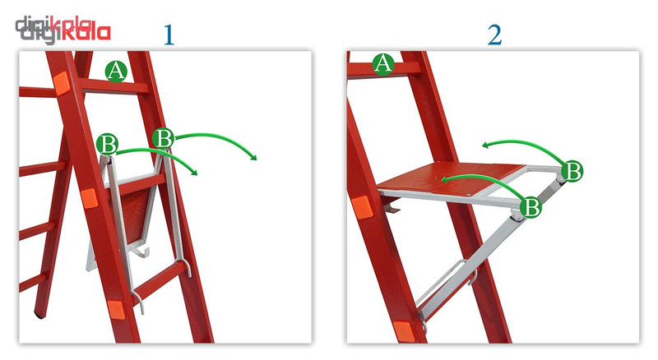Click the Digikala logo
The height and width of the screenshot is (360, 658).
[x=63, y=30]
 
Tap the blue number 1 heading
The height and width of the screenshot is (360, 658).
[x=169, y=35]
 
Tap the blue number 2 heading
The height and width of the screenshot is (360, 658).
[x=495, y=35]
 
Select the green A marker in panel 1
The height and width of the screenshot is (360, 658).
[x=116, y=71]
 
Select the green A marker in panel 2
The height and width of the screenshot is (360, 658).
[x=383, y=64]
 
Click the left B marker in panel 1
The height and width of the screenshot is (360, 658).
[x=107, y=145]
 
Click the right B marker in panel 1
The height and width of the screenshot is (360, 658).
[x=163, y=137]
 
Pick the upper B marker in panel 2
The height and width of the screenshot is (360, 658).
[x=572, y=171]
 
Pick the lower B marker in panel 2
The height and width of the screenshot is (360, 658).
[x=531, y=207]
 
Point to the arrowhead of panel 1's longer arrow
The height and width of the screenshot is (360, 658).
[x=253, y=157]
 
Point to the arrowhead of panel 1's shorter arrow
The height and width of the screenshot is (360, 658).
[x=193, y=172]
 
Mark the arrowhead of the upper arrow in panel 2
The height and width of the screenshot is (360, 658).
[x=485, y=145]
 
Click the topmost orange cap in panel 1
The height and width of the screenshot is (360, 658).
[x=61, y=82]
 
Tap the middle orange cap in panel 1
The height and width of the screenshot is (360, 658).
[x=90, y=198]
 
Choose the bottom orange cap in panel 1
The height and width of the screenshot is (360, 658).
[x=116, y=310]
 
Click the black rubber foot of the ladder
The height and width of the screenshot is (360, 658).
[x=39, y=314]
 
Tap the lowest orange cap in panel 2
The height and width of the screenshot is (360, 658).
[x=404, y=331]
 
